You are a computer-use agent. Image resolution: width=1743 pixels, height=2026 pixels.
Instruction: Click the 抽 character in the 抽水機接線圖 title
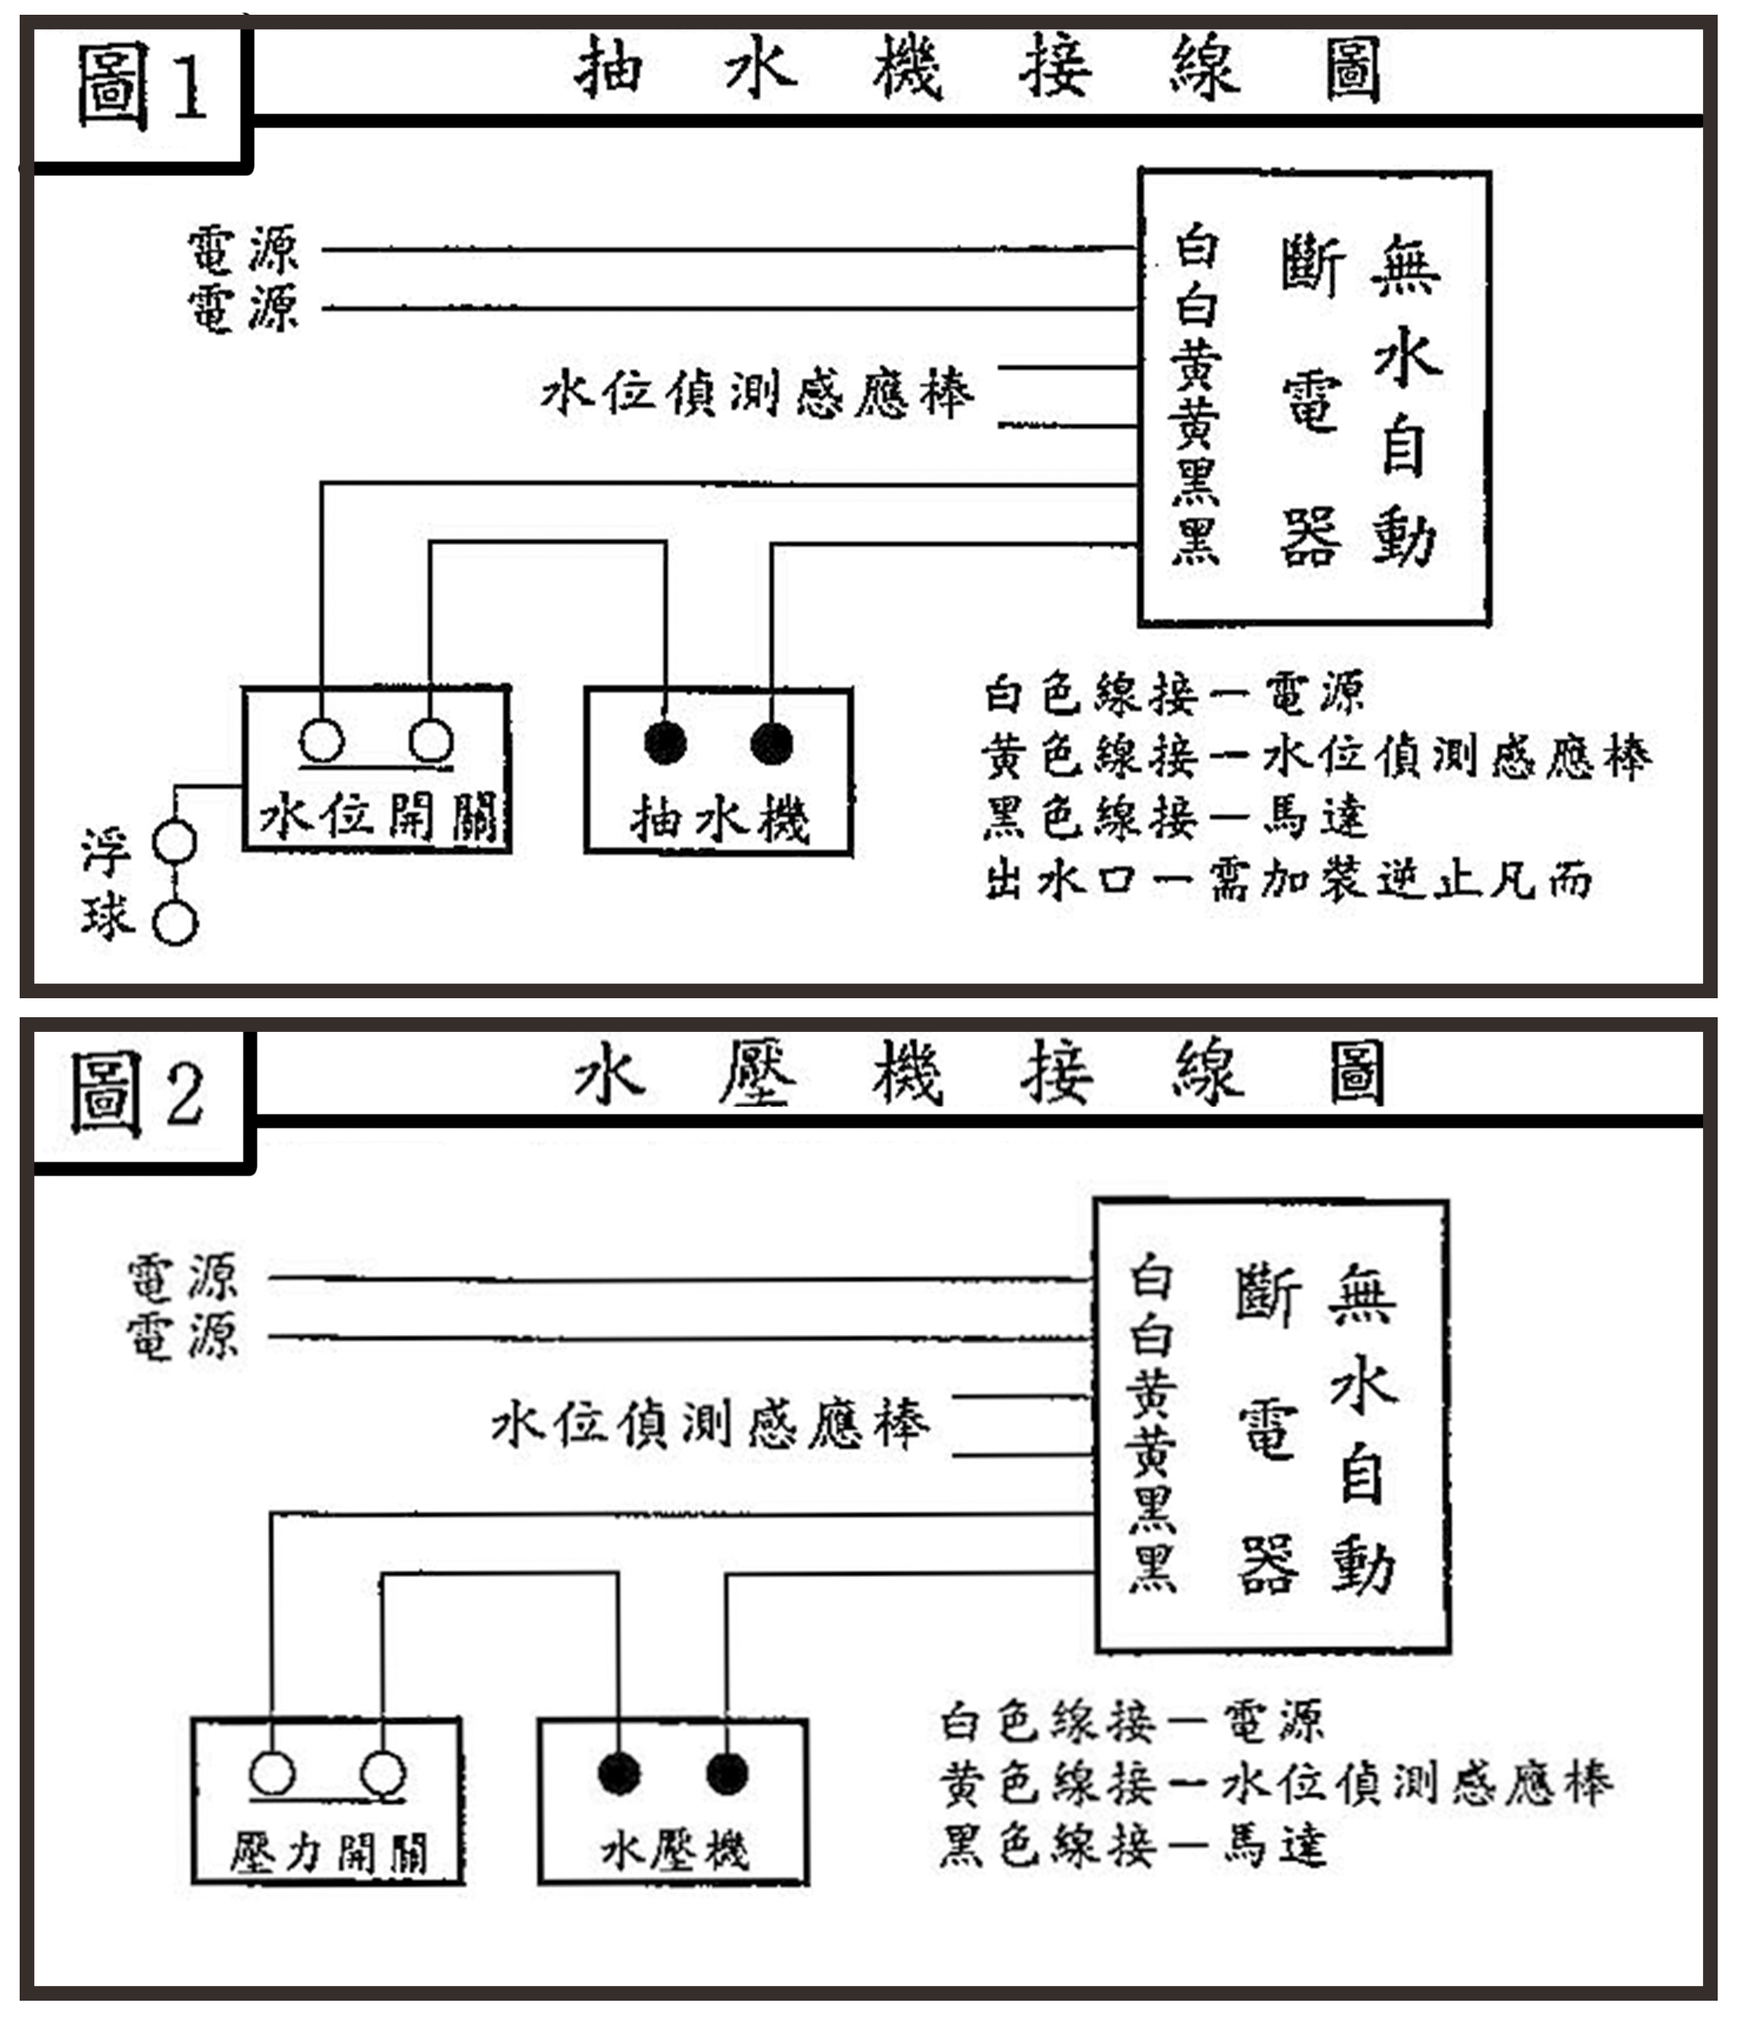pos(607,68)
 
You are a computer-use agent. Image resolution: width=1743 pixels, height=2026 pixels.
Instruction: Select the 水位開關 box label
pos(377,816)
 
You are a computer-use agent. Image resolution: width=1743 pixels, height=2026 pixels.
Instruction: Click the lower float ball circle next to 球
pos(176,923)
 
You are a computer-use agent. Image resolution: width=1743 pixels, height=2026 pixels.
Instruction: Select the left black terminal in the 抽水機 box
pos(665,743)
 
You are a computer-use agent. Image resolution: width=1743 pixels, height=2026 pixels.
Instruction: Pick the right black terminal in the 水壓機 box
pos(727,1773)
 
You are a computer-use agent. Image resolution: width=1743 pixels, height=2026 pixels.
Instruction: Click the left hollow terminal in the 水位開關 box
pos(322,741)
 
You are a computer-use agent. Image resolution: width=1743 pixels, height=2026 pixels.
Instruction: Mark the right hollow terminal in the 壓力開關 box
pos(382,1773)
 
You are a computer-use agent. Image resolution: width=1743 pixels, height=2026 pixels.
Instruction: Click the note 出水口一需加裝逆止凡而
pos(1287,880)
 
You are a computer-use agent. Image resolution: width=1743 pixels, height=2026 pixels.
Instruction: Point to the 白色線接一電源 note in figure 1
pos(1174,694)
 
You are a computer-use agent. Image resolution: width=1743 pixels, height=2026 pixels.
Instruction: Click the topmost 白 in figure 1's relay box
pos(1196,244)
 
